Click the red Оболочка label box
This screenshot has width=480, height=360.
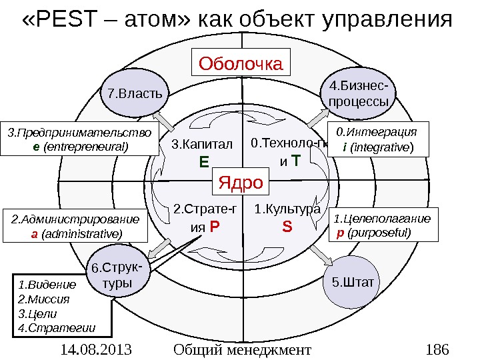241,64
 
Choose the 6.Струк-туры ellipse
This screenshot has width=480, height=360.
119,276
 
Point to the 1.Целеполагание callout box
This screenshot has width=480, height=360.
385,225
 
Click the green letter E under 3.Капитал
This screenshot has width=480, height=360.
204,161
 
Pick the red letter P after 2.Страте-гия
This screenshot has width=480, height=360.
215,227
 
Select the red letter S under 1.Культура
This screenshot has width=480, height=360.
287,227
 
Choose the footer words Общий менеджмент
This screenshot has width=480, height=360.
241,349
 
